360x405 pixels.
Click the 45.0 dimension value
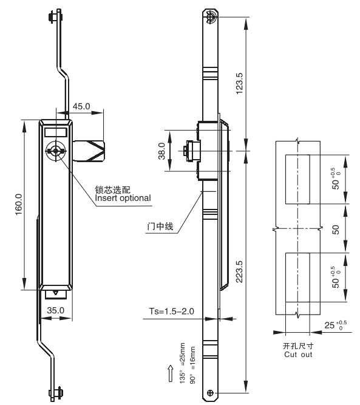(81, 106)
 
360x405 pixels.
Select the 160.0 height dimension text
(19, 204)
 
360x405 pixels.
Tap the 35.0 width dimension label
(55, 310)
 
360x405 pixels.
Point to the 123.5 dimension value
(239, 83)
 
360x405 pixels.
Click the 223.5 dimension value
(239, 271)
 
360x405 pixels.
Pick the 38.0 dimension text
(161, 151)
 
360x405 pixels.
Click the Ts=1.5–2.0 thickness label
(171, 311)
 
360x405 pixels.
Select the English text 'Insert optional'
(123, 198)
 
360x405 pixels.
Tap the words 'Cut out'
(298, 355)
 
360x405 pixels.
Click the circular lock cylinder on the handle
(56, 151)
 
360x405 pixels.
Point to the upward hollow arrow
(171, 373)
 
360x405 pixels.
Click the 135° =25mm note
(182, 363)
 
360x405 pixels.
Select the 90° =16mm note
(192, 365)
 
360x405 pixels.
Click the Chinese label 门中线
(160, 226)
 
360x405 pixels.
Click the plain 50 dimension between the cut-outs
(336, 230)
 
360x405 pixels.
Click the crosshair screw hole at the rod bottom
(210, 393)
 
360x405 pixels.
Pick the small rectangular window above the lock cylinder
(56, 132)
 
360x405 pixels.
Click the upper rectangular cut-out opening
(297, 180)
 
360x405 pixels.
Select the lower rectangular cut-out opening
(297, 277)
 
